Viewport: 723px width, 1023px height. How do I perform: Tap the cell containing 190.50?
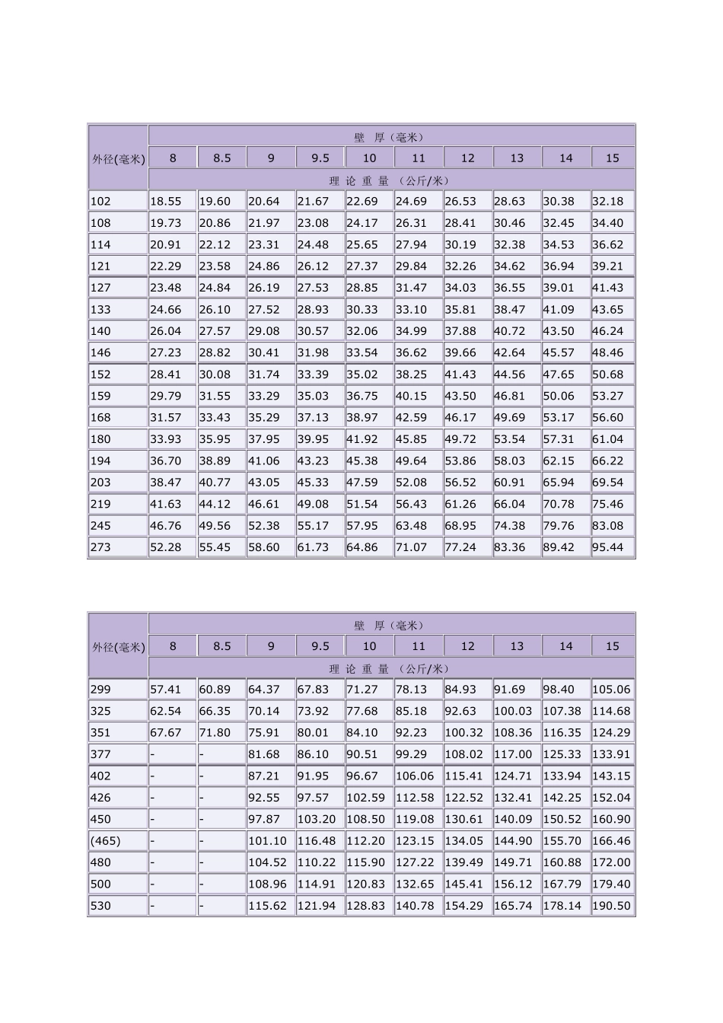click(x=612, y=907)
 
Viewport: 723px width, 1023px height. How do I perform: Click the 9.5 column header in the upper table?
click(x=320, y=158)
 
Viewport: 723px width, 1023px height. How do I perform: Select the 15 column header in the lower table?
click(x=613, y=646)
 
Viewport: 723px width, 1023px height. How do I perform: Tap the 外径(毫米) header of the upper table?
click(x=118, y=159)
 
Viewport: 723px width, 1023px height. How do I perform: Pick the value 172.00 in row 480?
click(x=612, y=863)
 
